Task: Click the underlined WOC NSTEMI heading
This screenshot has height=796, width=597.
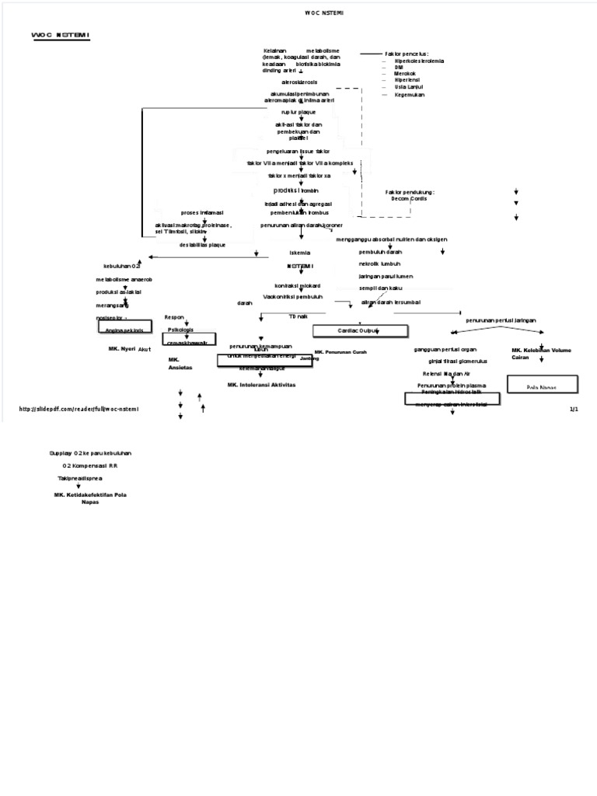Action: coord(60,36)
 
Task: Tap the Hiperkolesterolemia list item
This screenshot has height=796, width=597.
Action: coord(420,61)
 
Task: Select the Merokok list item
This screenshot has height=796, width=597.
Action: coord(405,74)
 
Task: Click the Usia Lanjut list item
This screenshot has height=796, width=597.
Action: coord(408,87)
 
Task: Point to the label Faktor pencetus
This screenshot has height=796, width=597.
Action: coord(407,54)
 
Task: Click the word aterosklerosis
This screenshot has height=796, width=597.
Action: coord(300,81)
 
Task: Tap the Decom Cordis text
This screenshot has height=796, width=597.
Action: coord(409,199)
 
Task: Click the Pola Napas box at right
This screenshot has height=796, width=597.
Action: coord(542,386)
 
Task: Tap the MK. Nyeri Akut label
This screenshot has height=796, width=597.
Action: coord(129,350)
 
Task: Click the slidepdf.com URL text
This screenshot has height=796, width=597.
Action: coord(79,409)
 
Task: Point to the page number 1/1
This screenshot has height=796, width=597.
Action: coord(574,409)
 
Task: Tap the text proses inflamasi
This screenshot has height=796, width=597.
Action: coord(201,212)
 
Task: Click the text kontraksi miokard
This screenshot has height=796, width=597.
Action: coord(297,286)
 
